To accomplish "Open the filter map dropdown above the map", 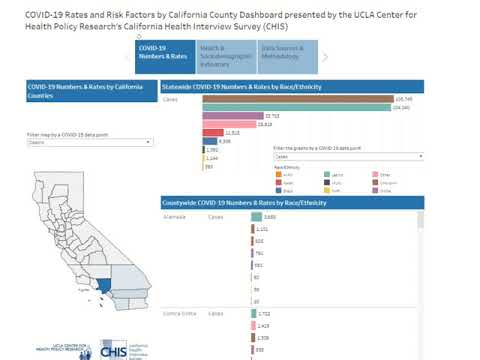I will coord(89,143).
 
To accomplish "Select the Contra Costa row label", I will coord(179,314).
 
